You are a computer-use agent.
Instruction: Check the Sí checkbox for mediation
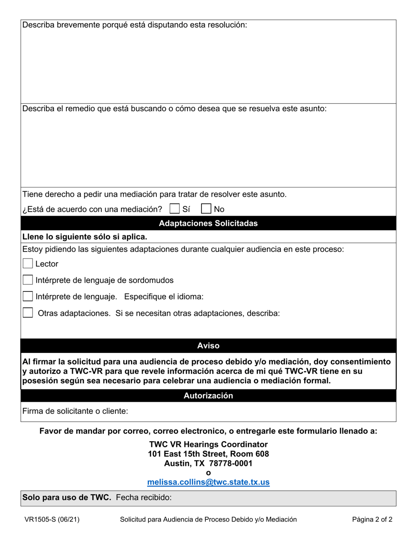[175, 209]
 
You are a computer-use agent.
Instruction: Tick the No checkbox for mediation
[206, 209]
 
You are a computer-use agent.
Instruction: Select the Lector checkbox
[28, 264]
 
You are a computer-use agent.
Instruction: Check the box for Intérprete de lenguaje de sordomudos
[28, 280]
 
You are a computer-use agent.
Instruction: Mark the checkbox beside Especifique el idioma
[28, 296]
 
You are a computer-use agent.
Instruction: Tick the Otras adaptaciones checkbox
[28, 313]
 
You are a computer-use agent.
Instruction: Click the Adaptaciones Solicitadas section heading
[208, 223]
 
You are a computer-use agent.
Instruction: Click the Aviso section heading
[208, 346]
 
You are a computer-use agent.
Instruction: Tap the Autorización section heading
[208, 396]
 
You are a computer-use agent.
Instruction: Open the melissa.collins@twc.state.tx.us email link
[208, 482]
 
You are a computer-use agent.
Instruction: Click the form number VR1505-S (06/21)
[52, 519]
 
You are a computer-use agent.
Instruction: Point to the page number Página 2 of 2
[372, 519]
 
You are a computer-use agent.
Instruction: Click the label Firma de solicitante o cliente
[75, 411]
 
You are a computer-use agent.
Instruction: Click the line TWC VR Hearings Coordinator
[208, 444]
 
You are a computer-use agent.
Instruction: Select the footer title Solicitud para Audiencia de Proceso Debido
[208, 519]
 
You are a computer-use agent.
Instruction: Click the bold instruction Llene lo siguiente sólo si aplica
[85, 237]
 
